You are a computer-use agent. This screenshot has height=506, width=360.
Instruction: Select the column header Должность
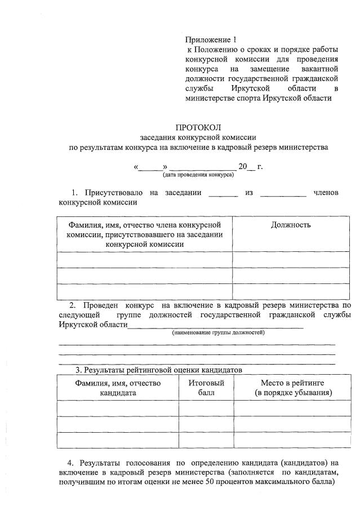point(291,225)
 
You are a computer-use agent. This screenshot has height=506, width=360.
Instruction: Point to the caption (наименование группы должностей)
point(218,332)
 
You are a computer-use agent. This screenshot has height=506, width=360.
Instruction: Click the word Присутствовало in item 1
point(114,193)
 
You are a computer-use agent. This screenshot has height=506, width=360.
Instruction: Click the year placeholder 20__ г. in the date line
point(251,166)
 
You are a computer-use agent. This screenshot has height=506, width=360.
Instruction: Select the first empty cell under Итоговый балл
point(206,408)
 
